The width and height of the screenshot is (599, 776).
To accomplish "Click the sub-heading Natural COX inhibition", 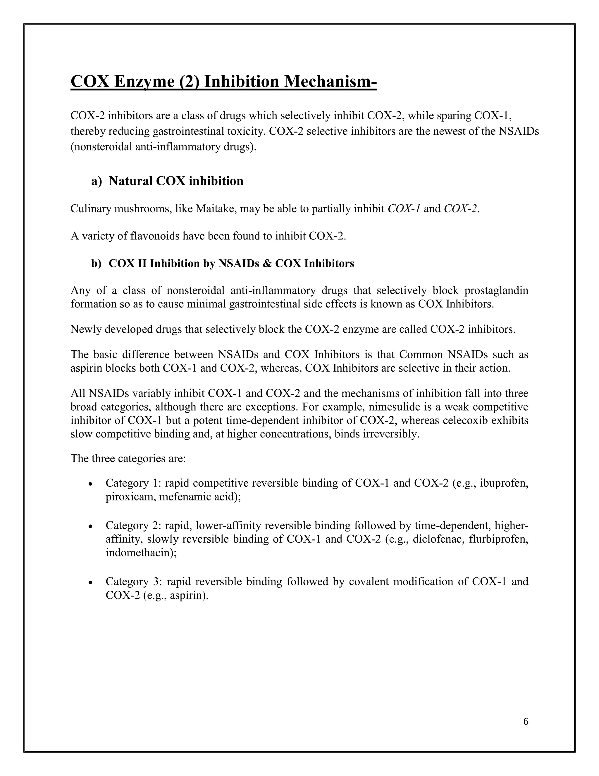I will [x=176, y=181].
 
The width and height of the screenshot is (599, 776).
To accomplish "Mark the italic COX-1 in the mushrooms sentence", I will [x=404, y=208].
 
